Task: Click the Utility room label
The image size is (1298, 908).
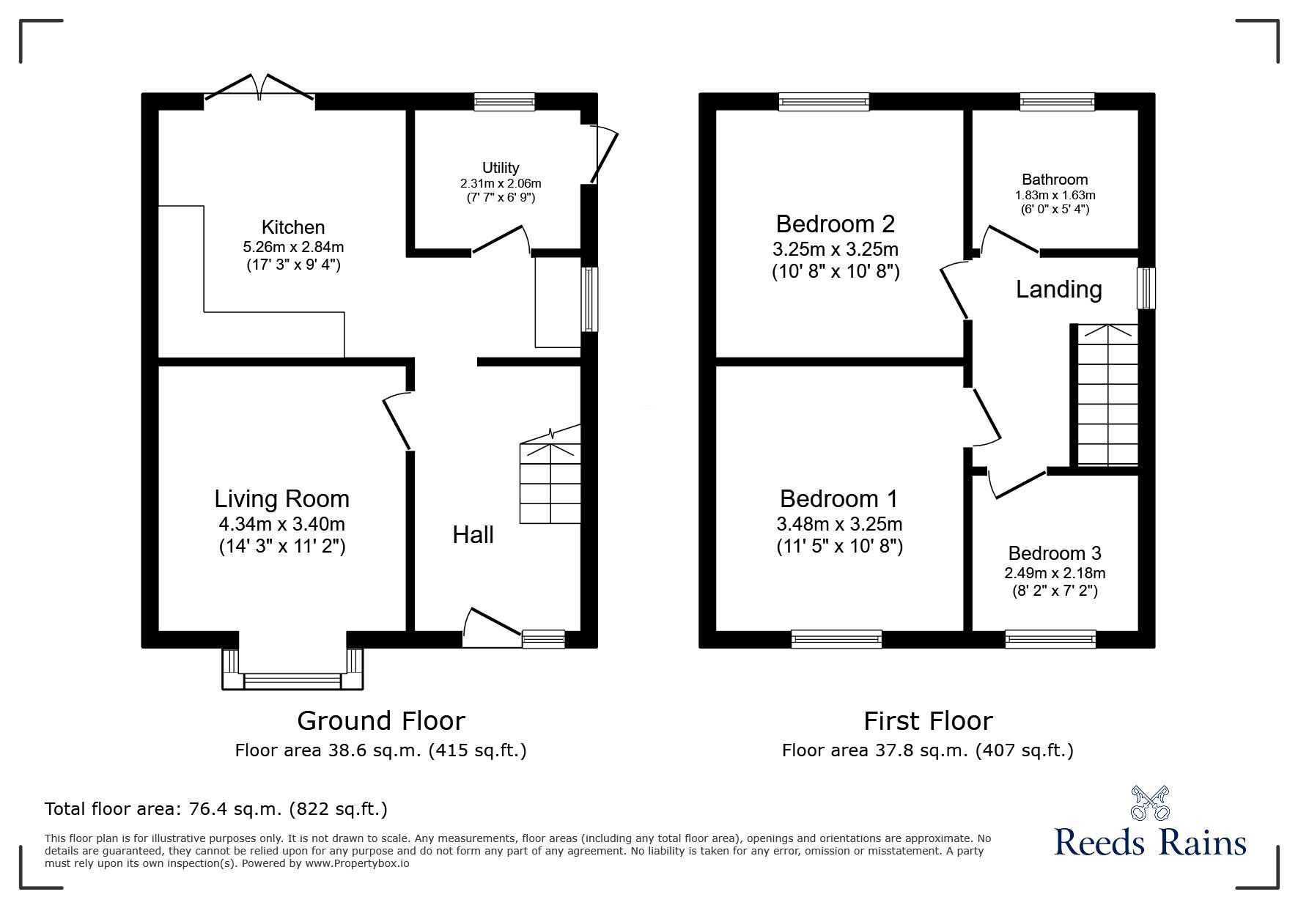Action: click(x=501, y=168)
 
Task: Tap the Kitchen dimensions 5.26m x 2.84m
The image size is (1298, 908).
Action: click(x=293, y=247)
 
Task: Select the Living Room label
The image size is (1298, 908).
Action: click(x=281, y=499)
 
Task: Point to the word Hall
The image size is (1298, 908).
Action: click(x=473, y=534)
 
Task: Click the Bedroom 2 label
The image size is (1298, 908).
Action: click(x=836, y=223)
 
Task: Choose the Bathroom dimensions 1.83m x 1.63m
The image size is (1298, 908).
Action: click(x=1055, y=196)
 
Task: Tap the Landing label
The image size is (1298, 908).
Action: click(x=1058, y=289)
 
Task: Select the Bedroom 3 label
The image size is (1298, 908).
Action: click(x=1055, y=553)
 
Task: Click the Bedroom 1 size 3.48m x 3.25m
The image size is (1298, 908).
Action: click(x=839, y=524)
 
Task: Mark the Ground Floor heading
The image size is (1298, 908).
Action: click(x=381, y=720)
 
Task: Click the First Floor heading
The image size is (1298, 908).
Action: click(x=928, y=720)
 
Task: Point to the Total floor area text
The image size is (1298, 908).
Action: click(x=216, y=809)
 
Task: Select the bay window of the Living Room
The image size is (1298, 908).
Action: click(x=292, y=669)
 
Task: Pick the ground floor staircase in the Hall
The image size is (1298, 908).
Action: click(x=550, y=474)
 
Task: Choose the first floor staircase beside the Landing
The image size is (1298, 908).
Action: click(x=1107, y=394)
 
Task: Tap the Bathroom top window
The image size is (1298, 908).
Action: click(x=1057, y=101)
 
